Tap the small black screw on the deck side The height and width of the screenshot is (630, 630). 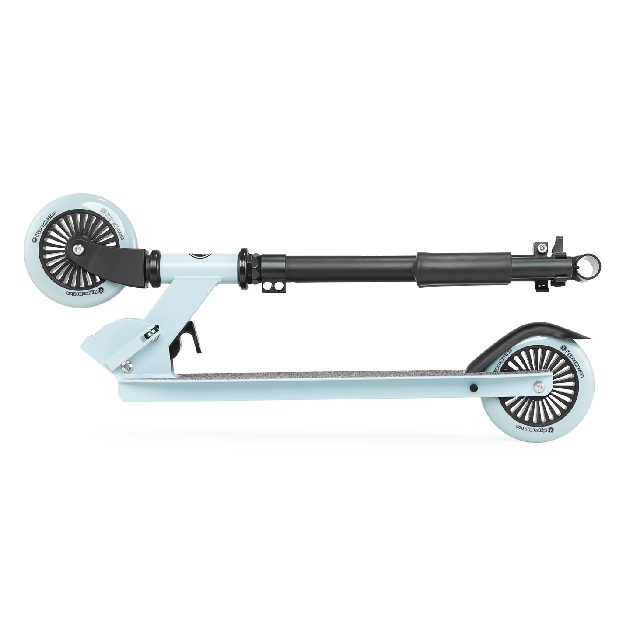tap(474, 388)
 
